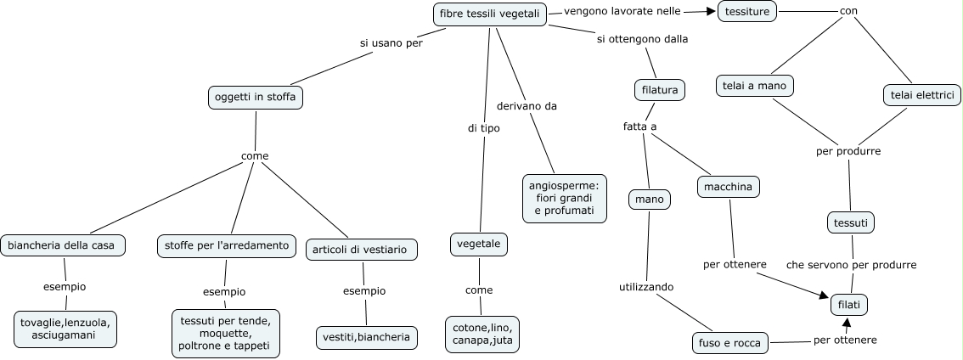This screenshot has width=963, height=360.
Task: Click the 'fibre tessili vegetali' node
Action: [488, 14]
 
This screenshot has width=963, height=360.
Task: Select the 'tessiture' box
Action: [748, 11]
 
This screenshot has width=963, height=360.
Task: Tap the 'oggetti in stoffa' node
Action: [256, 98]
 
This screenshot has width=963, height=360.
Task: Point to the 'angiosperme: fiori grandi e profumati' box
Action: [565, 198]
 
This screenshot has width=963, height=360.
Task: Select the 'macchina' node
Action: [728, 186]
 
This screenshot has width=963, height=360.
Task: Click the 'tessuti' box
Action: [851, 222]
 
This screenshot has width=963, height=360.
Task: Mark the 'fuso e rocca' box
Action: [731, 343]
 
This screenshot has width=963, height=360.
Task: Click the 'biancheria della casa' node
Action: [63, 246]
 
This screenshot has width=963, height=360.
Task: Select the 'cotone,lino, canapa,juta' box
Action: [482, 335]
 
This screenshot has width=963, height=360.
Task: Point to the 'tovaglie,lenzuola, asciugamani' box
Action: [66, 329]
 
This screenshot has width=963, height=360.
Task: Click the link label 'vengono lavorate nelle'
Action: [622, 12]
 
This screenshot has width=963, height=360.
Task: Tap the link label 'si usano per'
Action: [391, 42]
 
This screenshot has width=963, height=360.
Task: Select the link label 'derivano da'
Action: [527, 106]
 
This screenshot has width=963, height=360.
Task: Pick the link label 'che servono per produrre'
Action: [851, 264]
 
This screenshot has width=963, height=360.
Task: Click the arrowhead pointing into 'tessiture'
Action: [711, 12]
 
